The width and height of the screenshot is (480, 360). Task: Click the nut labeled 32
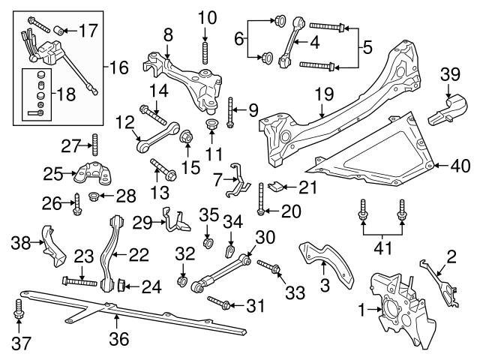pos(181,282)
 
